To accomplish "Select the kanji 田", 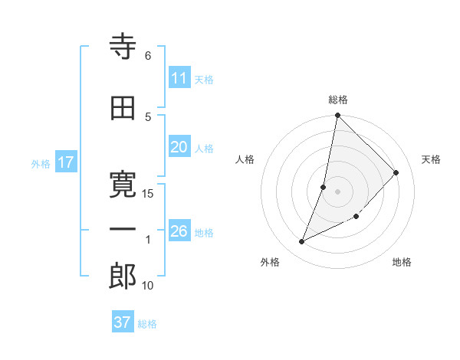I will [123, 110].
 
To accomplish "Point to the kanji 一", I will [123, 230].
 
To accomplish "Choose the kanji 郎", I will [123, 277].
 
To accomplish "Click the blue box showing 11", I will [179, 78].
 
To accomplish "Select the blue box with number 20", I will [179, 148].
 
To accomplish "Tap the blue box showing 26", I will [179, 231].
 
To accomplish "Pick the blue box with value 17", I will [66, 162].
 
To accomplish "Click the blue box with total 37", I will [123, 322].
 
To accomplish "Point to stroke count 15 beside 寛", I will [148, 193].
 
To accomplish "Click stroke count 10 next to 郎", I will [148, 286].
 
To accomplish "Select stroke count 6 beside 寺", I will [148, 55].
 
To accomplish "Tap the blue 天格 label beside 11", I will [204, 79].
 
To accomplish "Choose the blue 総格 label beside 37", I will [147, 324].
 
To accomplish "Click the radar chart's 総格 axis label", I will [337, 100].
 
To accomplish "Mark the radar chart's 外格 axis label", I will [270, 262].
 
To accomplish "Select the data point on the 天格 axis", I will [396, 172].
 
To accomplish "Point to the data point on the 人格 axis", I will [324, 187].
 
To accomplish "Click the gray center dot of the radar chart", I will [337, 191].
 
